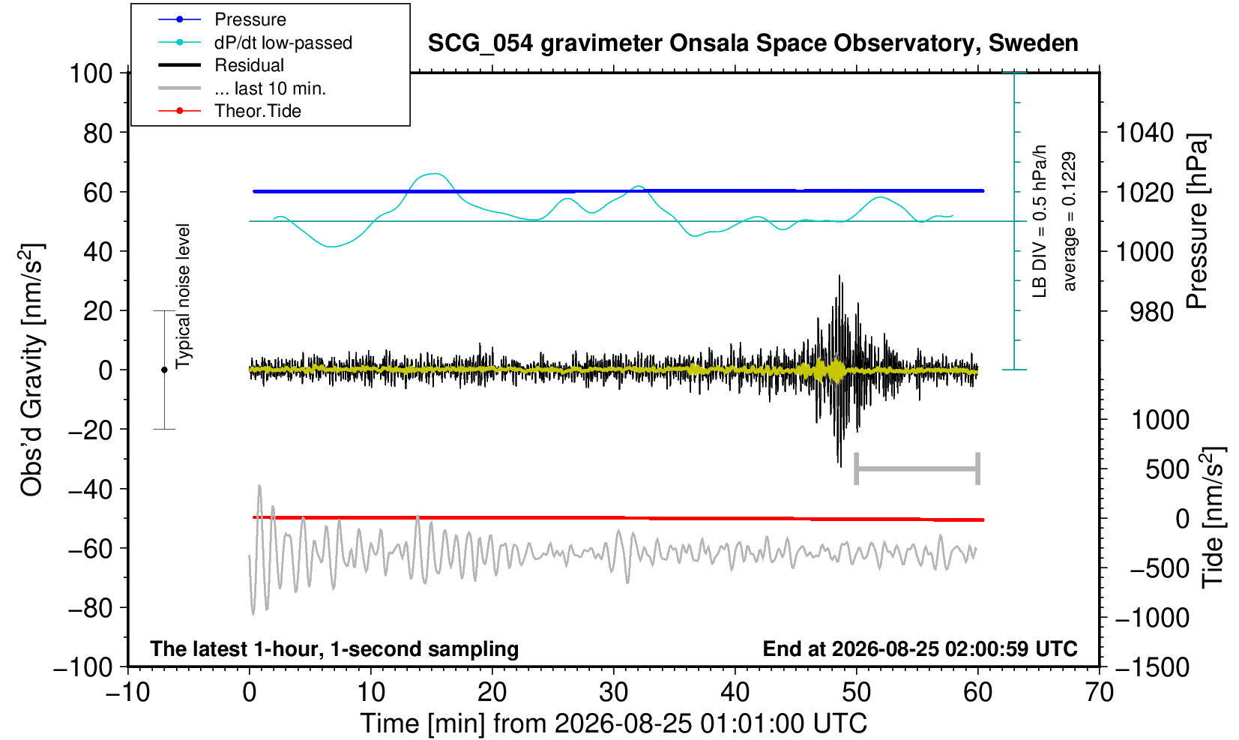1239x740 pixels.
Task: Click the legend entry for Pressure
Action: pyautogui.click(x=250, y=19)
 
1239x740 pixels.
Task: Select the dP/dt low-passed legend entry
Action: pyautogui.click(x=283, y=43)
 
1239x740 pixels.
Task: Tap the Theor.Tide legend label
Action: pyautogui.click(x=258, y=111)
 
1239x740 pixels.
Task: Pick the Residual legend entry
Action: pyautogui.click(x=249, y=65)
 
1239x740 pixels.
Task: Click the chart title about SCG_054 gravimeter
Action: pyautogui.click(x=753, y=43)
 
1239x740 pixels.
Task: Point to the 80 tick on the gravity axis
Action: pyautogui.click(x=98, y=133)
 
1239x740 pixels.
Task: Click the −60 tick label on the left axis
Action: pyautogui.click(x=90, y=549)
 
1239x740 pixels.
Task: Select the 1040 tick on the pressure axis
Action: pyautogui.click(x=1145, y=133)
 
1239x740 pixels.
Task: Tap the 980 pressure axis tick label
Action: pyautogui.click(x=1151, y=312)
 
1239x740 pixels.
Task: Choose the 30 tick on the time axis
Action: pyautogui.click(x=613, y=693)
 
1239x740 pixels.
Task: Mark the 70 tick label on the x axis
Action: pyautogui.click(x=1099, y=693)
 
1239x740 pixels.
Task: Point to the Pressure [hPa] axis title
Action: pyautogui.click(x=1197, y=221)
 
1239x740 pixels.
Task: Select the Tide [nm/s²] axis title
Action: pyautogui.click(x=1213, y=518)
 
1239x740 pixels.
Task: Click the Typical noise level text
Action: pyautogui.click(x=183, y=296)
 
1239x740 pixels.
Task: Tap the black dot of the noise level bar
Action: pyautogui.click(x=164, y=370)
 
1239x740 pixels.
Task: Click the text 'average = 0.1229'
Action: pyautogui.click(x=1069, y=221)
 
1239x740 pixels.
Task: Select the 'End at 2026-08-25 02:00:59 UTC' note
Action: pyautogui.click(x=920, y=649)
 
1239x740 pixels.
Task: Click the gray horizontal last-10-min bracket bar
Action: pyautogui.click(x=917, y=469)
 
